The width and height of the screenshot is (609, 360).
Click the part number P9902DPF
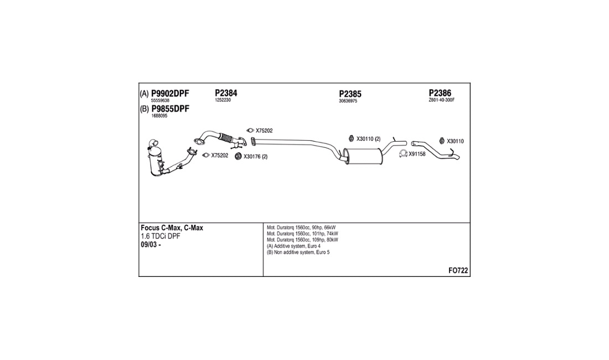pyautogui.click(x=170, y=94)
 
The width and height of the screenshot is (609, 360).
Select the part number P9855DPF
pyautogui.click(x=170, y=109)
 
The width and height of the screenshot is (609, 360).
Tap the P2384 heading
pyautogui.click(x=226, y=93)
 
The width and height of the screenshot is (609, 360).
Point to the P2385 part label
pyautogui.click(x=350, y=94)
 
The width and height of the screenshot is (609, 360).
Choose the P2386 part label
pyautogui.click(x=440, y=93)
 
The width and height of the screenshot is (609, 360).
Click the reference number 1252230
pyautogui.click(x=223, y=100)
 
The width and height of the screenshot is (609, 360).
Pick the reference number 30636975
pyautogui.click(x=348, y=101)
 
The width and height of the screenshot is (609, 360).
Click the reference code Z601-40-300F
pyautogui.click(x=442, y=100)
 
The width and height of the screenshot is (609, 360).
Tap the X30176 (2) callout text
pyautogui.click(x=256, y=157)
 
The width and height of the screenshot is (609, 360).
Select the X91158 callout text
pyautogui.click(x=417, y=154)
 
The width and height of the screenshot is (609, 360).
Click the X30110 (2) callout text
pyautogui.click(x=369, y=139)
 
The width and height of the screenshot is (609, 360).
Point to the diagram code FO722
pyautogui.click(x=458, y=271)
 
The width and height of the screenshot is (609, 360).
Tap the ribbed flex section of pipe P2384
pyautogui.click(x=226, y=137)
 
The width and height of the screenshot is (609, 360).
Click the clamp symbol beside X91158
pyautogui.click(x=403, y=154)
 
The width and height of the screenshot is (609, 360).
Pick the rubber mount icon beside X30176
pyautogui.click(x=239, y=157)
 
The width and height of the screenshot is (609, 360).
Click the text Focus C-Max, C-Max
pyautogui.click(x=172, y=228)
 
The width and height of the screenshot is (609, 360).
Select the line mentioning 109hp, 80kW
pyautogui.click(x=302, y=240)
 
